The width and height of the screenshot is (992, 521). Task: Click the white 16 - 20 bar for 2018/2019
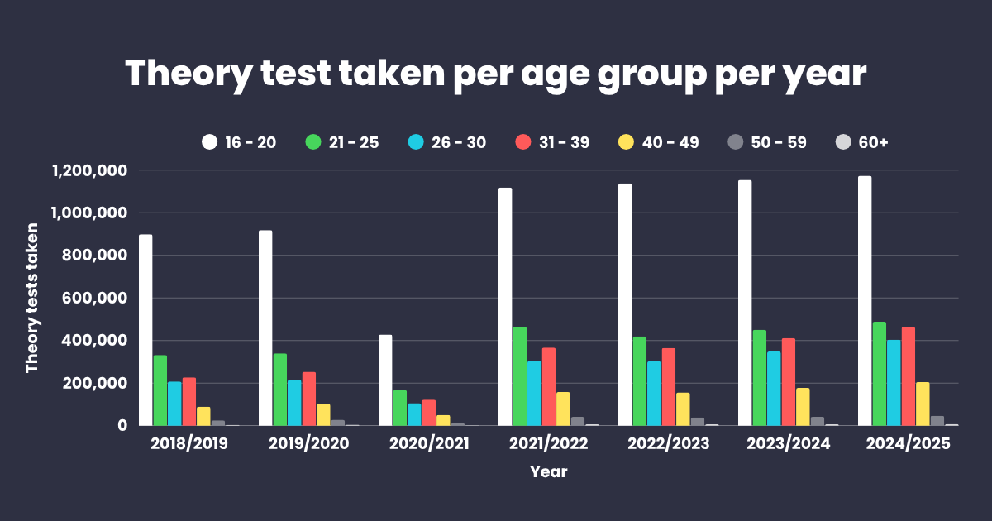[x=145, y=331]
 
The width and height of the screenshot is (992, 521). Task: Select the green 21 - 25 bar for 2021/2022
[x=519, y=376]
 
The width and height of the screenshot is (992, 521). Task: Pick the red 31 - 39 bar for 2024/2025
[x=908, y=376]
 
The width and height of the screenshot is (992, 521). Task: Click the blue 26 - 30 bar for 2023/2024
[x=773, y=389]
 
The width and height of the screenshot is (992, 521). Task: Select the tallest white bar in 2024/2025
[x=865, y=302]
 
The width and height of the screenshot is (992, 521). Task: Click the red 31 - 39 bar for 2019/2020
[x=308, y=399]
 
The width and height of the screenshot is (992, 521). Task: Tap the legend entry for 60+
[x=862, y=142]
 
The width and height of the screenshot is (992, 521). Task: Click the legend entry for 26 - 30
[x=446, y=142]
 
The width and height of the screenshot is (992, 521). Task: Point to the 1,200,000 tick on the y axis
[x=88, y=171]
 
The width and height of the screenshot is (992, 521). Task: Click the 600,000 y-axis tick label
[x=96, y=299]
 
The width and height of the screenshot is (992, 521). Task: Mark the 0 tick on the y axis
[x=121, y=426]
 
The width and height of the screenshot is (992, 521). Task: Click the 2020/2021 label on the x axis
[x=429, y=444]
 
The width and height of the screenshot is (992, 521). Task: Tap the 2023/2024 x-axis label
[x=788, y=444]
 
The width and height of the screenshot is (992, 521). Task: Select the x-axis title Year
[x=549, y=472]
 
